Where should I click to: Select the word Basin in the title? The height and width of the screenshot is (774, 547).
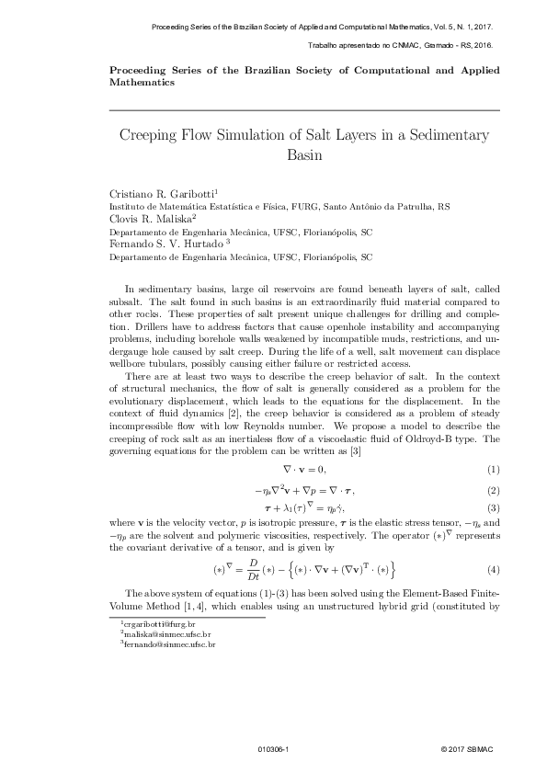pos(303,154)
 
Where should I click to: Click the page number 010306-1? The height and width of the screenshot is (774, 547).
pos(274,750)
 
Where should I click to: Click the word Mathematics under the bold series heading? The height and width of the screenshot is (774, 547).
pos(142,82)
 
